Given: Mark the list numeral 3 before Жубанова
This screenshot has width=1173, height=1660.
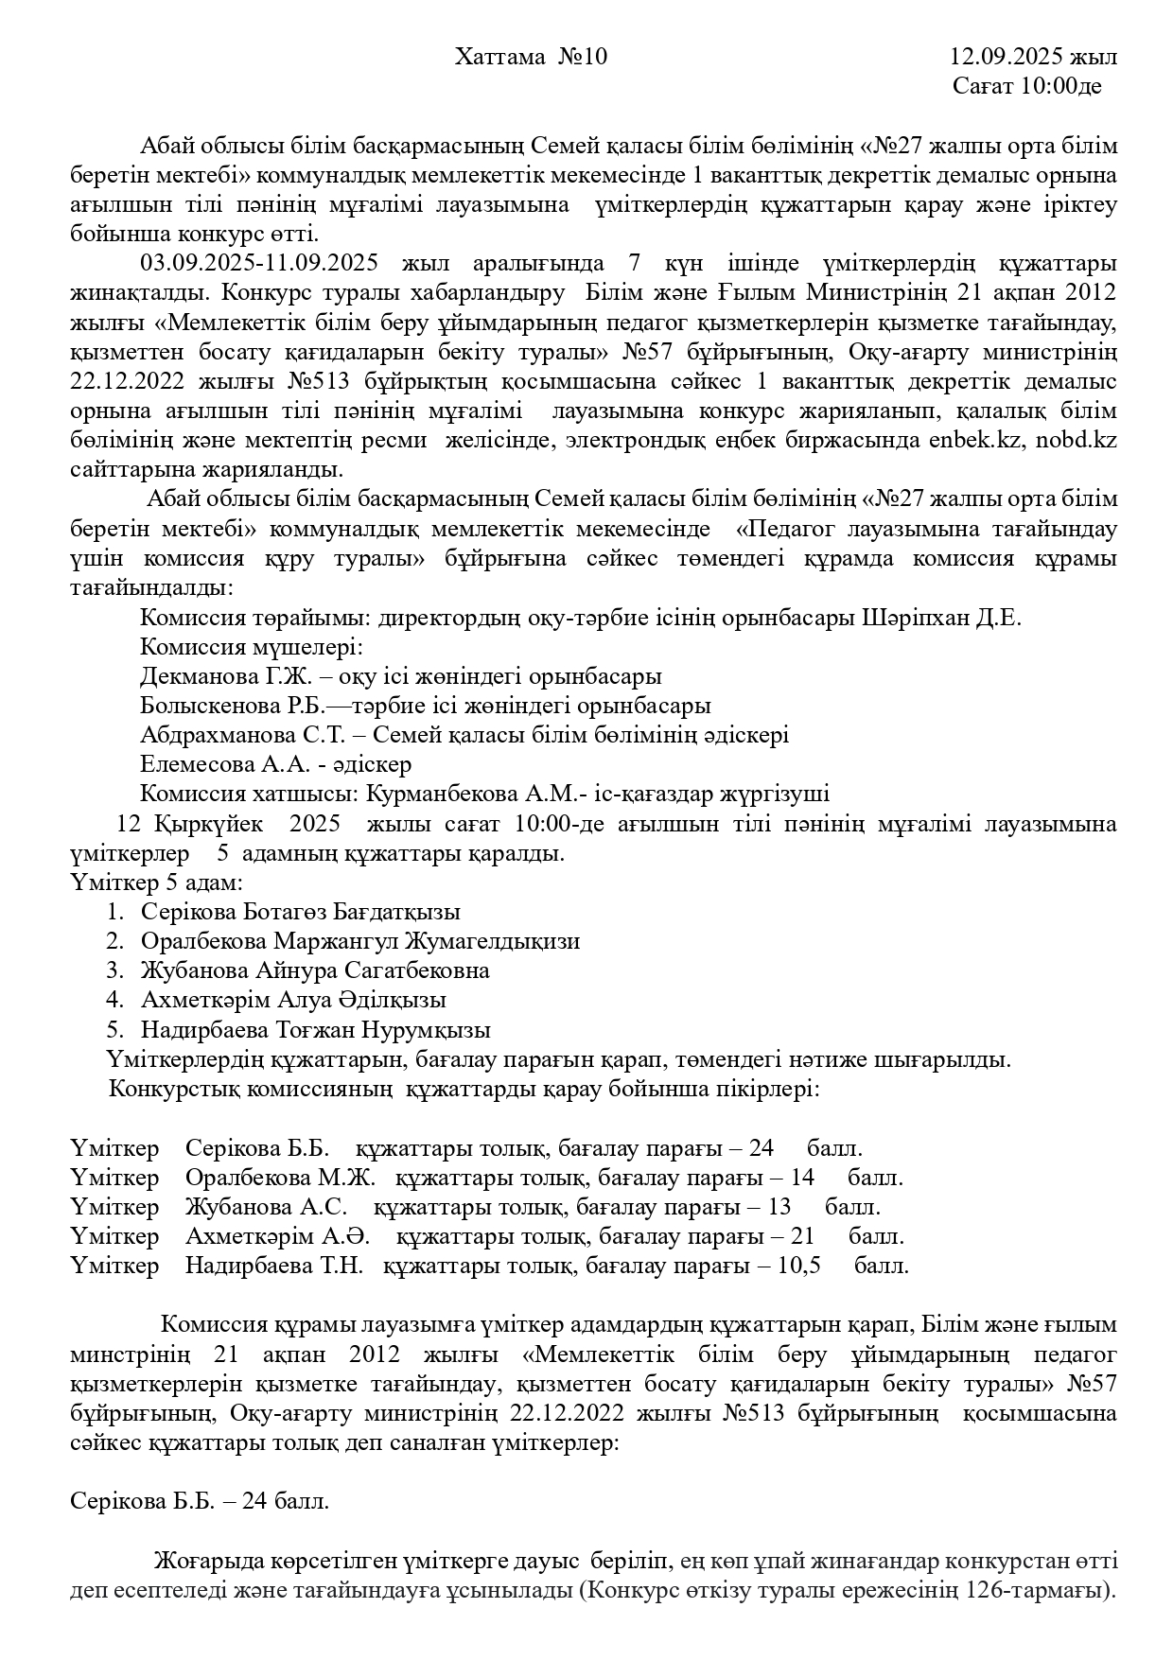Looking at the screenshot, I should click(114, 970).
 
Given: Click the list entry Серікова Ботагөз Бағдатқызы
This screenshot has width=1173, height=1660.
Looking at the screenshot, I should click(301, 912).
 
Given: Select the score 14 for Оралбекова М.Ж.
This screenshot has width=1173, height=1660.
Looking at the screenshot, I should click(801, 1178).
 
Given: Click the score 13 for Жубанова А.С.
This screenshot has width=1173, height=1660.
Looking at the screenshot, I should click(779, 1207).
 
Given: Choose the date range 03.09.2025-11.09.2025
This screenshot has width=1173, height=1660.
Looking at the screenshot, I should click(259, 263).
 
